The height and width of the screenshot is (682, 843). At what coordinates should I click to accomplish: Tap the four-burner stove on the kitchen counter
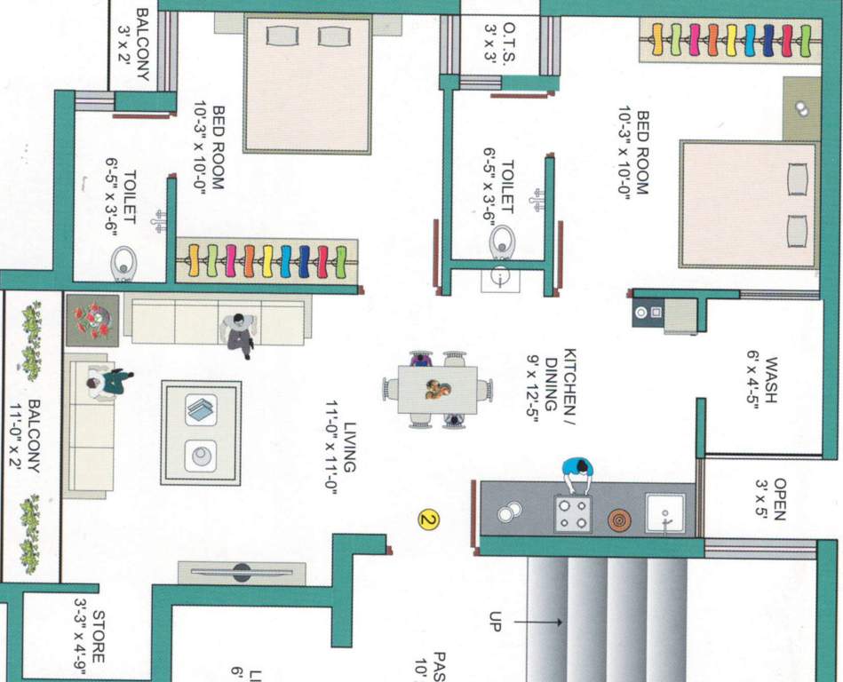(x=573, y=513)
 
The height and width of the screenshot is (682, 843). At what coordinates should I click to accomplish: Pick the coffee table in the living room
(x=201, y=432)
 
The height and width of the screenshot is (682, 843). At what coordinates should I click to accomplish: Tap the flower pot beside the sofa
(x=92, y=320)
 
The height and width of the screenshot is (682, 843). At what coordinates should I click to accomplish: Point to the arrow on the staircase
(x=538, y=623)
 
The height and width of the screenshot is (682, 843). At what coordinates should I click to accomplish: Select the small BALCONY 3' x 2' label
(x=133, y=45)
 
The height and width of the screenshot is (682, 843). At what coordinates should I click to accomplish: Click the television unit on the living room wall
(x=242, y=572)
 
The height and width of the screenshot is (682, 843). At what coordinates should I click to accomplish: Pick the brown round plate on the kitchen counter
(x=619, y=519)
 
